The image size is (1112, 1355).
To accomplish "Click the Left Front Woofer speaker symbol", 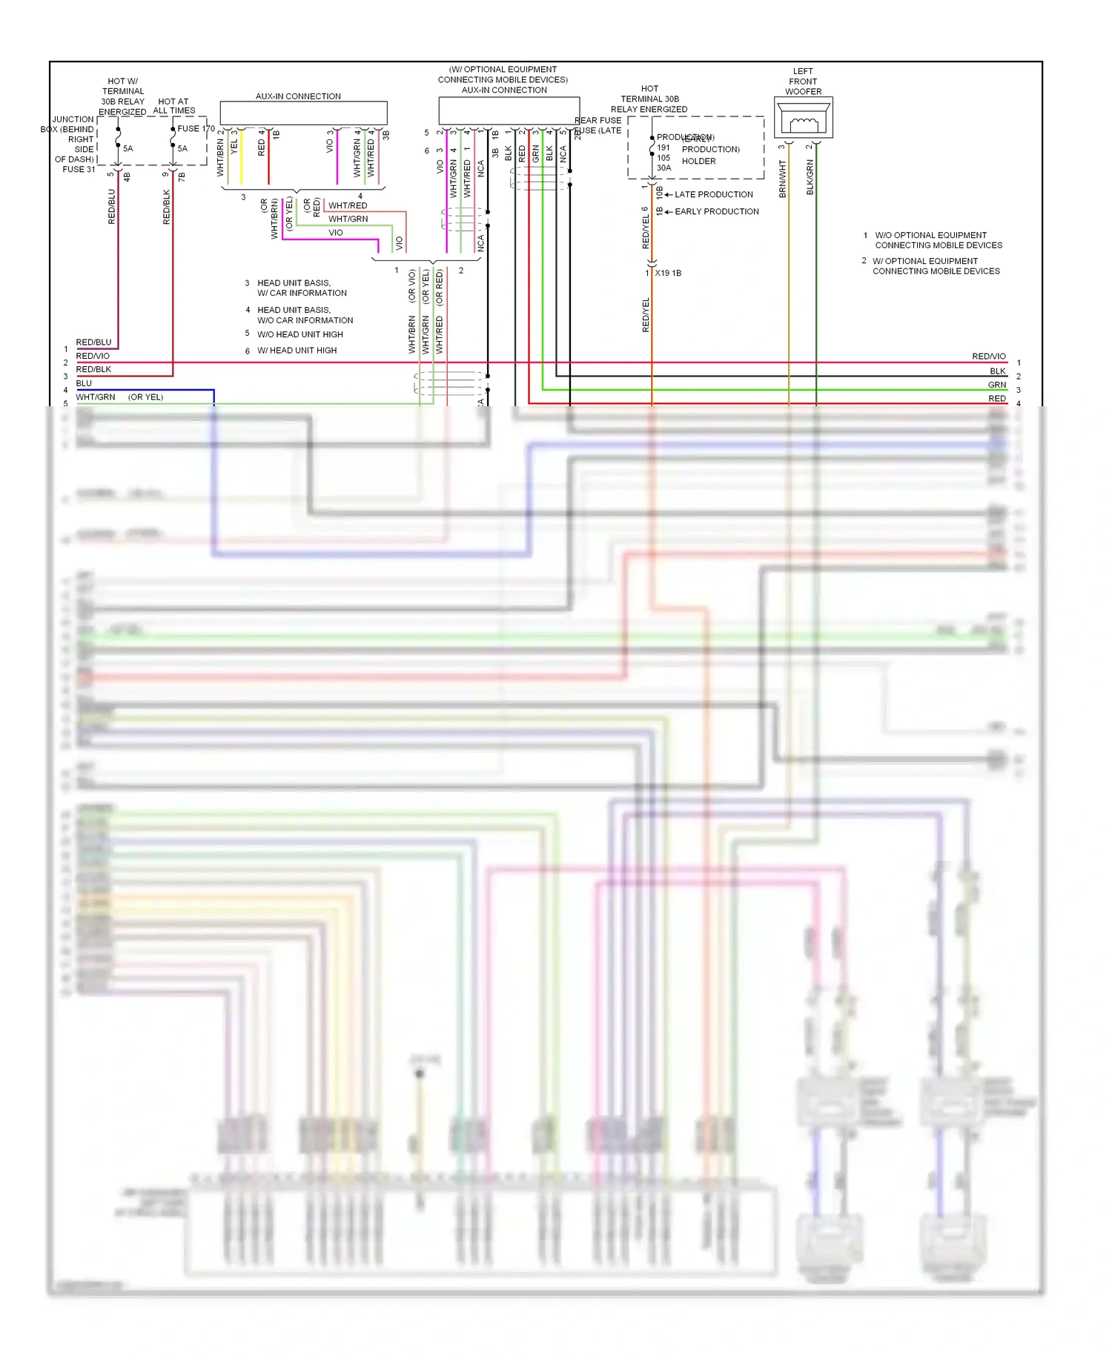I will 804,119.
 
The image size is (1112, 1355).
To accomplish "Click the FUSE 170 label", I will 196,128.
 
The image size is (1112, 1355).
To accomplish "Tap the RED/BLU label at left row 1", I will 93,342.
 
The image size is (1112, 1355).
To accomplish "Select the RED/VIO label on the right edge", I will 988,357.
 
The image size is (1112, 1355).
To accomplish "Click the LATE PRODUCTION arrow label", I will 713,194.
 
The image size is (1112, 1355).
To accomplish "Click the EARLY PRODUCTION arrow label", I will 716,211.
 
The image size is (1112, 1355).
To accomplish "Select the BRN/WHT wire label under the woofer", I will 782,179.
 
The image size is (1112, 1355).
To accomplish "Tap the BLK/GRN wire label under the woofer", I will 810,177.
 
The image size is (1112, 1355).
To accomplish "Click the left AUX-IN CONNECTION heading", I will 298,96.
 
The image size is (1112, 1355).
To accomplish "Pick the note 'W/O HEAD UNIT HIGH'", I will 299,334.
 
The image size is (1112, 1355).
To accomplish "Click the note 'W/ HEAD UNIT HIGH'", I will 297,351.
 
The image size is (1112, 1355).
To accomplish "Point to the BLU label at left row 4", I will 84,383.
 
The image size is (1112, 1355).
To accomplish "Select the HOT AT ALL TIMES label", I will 173,106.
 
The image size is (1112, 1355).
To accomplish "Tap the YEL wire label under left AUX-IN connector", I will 234,147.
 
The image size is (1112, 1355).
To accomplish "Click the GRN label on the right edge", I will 996,385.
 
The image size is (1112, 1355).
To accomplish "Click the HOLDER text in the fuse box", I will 698,161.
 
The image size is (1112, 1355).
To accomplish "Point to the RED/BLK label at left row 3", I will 93,369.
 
